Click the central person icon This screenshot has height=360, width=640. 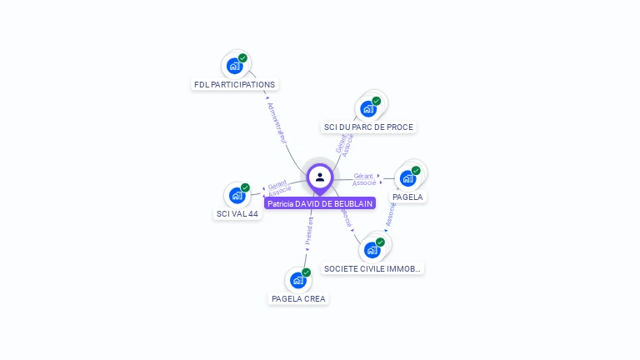coord(320,177)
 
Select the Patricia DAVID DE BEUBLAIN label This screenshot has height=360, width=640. coord(320,203)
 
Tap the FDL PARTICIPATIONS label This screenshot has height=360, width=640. coord(234,84)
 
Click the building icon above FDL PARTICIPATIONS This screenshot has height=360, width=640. coord(234,65)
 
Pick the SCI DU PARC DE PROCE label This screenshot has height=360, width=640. coord(368,127)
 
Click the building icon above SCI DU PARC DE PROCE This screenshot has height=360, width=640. coord(367,107)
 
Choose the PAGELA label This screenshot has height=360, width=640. coord(407,197)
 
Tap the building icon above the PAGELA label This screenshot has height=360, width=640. coord(407,177)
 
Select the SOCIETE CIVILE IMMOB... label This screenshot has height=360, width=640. coord(372,268)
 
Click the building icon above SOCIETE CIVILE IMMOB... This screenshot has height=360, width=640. coord(372,249)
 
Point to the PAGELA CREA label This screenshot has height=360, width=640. coord(299,298)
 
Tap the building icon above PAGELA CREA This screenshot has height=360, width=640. coord(298,279)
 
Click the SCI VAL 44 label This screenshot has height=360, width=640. coord(237,213)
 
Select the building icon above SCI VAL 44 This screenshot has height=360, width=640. coord(237,195)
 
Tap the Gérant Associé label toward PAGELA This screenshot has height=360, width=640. coord(364,179)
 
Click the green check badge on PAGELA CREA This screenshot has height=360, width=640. coord(306,272)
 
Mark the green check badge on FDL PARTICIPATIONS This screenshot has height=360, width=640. coord(242,58)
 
